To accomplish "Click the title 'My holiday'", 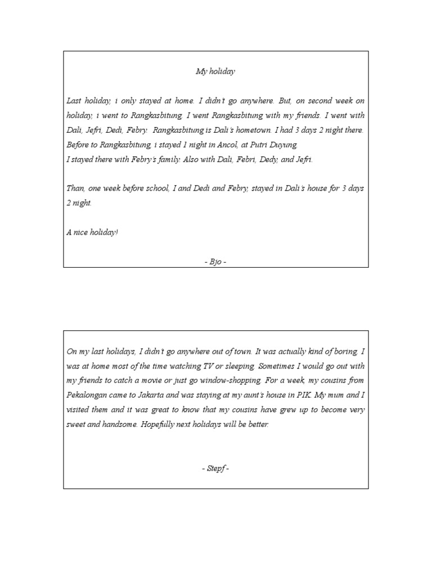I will click(215, 71).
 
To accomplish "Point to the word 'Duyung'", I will click(278, 145).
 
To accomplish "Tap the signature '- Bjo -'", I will click(215, 262).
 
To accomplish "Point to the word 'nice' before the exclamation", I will click(83, 232).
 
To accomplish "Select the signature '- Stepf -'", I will click(215, 469).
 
